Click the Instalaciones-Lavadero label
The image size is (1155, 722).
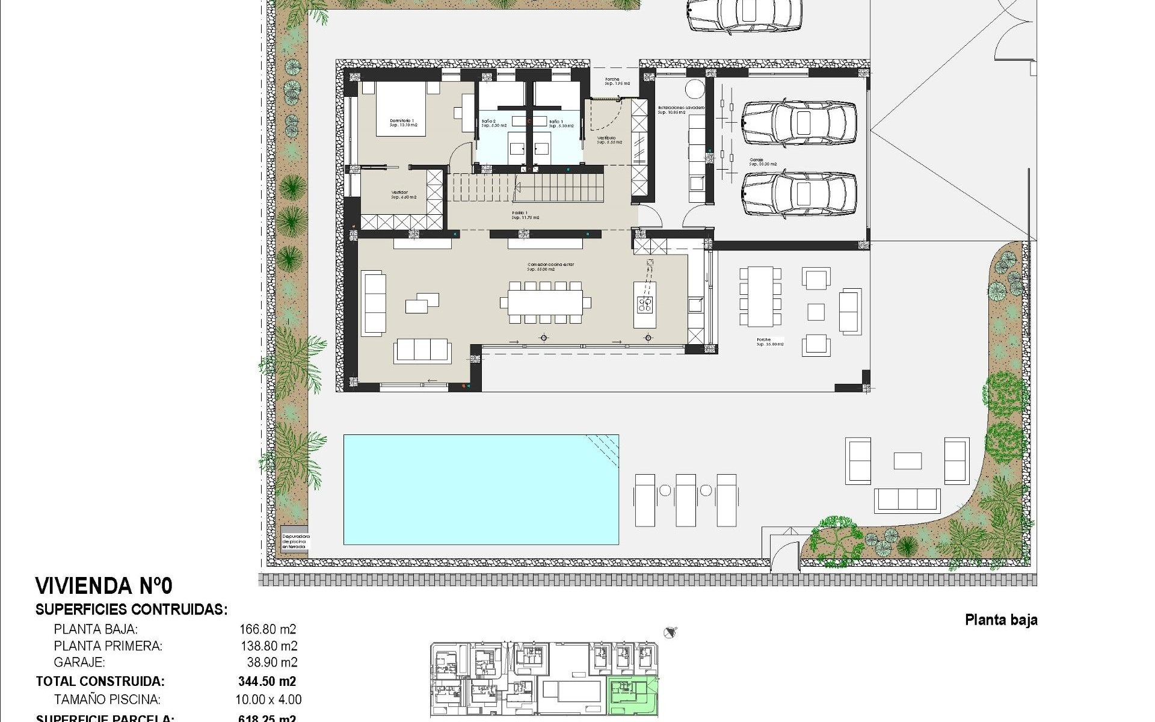click(x=680, y=109)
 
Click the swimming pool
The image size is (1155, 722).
click(x=481, y=489)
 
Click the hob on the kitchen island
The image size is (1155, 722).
click(x=645, y=304)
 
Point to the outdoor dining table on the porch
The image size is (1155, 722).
click(x=760, y=296)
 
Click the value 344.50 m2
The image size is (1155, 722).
click(x=267, y=681)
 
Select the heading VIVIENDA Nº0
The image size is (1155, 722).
click(x=103, y=585)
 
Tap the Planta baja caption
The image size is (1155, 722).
click(x=1001, y=620)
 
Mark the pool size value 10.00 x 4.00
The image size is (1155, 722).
click(x=268, y=700)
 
